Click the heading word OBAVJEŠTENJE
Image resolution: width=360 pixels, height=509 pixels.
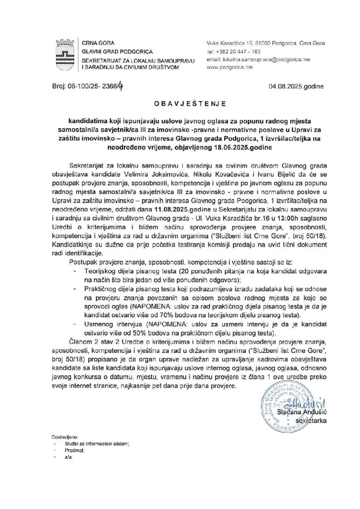click(180, 104)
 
